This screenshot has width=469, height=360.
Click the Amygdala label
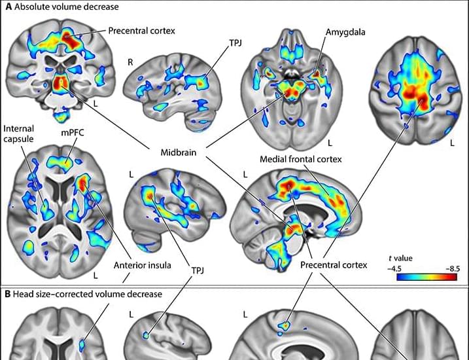tap(345, 32)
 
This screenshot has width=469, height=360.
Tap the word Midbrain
tap(179, 153)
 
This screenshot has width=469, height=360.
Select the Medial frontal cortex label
tap(301, 159)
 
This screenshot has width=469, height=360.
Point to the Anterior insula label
tap(143, 265)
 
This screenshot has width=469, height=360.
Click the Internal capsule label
tap(18, 134)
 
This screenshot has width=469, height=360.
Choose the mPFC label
tap(73, 133)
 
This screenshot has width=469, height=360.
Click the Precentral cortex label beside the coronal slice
tap(141, 31)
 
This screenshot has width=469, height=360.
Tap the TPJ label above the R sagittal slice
tap(235, 43)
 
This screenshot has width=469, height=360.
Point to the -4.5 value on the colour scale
tap(394, 268)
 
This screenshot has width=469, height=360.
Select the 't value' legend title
tap(400, 259)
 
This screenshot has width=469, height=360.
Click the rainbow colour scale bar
tap(427, 277)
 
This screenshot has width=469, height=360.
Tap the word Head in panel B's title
tap(22, 294)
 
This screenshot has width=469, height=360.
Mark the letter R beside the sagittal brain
tap(130, 62)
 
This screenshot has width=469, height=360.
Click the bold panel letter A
tap(9, 7)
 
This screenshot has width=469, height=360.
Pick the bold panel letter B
tap(8, 294)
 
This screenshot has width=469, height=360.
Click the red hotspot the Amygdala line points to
tap(317, 73)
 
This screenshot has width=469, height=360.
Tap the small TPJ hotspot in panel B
tap(146, 336)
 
